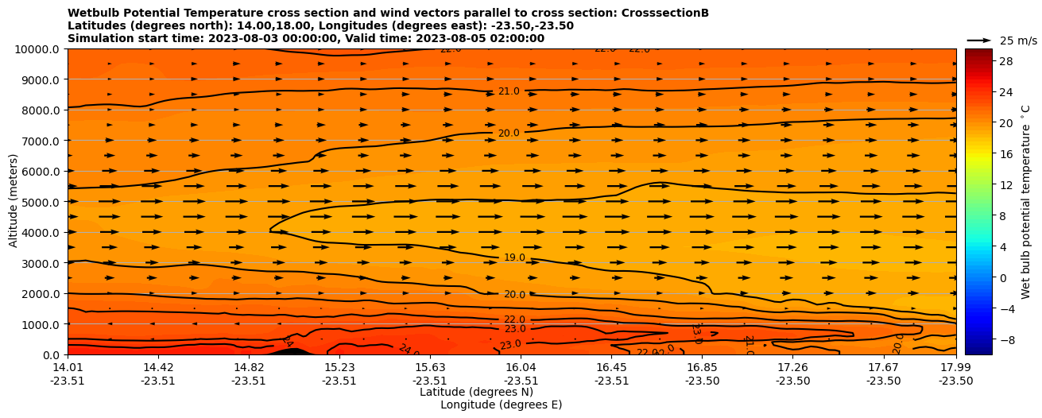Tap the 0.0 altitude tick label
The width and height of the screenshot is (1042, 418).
coord(53,355)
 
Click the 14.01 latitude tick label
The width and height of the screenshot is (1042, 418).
coord(68,367)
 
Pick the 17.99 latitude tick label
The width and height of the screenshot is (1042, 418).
coord(955,367)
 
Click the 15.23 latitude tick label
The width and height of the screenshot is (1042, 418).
coord(339,367)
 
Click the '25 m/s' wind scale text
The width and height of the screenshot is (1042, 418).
coord(1017,41)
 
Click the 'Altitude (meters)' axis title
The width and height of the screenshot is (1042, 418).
coord(14,202)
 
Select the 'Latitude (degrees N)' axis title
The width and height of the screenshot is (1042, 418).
coord(476,392)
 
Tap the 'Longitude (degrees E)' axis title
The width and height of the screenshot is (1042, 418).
coord(501,404)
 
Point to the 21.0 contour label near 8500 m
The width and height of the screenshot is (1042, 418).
coord(509,91)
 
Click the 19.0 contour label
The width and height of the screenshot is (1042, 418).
coord(514,257)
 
